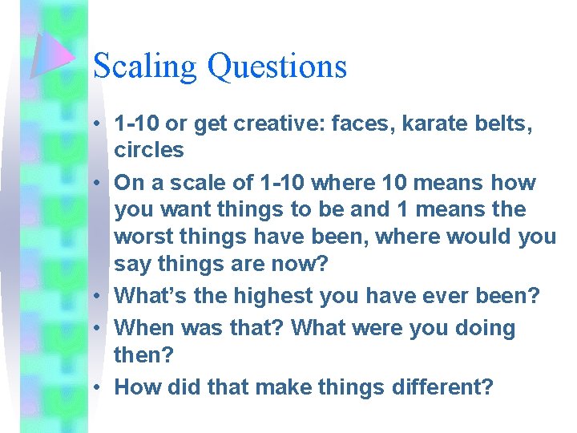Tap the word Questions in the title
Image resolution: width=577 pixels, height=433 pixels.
point(277,67)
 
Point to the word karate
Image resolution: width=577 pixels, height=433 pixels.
point(434,124)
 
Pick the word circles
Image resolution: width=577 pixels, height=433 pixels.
point(149,150)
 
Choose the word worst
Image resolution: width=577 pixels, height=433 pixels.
point(141,237)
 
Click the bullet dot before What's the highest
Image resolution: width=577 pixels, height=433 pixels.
point(96,297)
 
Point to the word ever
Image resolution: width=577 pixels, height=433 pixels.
point(446,296)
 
